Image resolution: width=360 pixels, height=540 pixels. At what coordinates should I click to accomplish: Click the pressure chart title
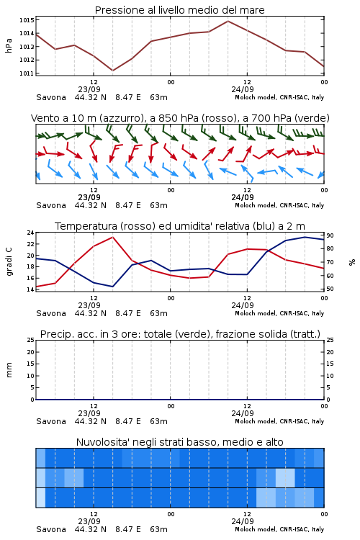click(x=179, y=10)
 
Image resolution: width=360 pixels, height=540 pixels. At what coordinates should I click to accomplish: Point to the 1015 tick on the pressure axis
click(x=27, y=20)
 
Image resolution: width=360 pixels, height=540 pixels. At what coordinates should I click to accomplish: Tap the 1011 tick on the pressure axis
click(x=27, y=73)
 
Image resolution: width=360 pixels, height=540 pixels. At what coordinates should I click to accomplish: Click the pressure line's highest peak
click(x=228, y=21)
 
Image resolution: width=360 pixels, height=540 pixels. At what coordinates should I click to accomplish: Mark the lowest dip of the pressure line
click(x=112, y=71)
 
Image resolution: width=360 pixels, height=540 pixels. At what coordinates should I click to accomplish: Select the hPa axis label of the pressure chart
click(x=9, y=45)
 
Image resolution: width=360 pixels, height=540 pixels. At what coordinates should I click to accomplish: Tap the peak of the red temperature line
click(x=112, y=237)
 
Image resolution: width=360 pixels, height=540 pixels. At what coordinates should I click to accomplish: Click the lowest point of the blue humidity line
click(x=112, y=287)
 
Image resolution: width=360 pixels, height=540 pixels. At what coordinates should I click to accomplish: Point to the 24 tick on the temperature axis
click(x=31, y=233)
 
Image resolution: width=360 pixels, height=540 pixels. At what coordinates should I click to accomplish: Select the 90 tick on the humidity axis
click(x=330, y=235)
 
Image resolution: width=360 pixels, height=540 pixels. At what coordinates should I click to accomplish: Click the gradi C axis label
click(x=9, y=261)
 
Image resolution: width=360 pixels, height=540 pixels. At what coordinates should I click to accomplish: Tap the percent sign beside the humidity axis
click(x=352, y=262)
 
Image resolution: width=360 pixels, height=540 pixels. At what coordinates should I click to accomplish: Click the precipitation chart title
click(x=180, y=334)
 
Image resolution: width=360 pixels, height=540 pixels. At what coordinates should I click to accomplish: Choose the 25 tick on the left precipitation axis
click(x=31, y=341)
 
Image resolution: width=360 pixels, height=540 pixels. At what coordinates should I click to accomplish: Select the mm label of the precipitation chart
click(x=9, y=370)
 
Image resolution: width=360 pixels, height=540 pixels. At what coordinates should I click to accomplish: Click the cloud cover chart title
click(x=179, y=442)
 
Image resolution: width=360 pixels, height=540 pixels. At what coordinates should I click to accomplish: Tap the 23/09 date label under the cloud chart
click(x=89, y=521)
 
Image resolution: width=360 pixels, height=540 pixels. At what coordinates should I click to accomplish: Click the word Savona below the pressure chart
click(x=51, y=97)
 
